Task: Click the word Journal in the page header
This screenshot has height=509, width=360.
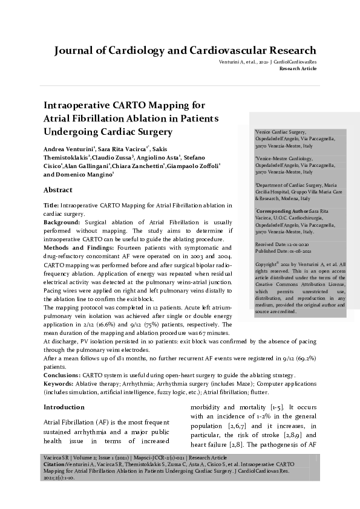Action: pos(74,50)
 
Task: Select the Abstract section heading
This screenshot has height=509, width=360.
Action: pos(58,190)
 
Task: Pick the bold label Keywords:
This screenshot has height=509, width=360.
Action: pos(61,384)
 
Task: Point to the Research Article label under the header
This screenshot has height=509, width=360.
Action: pos(298,69)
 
